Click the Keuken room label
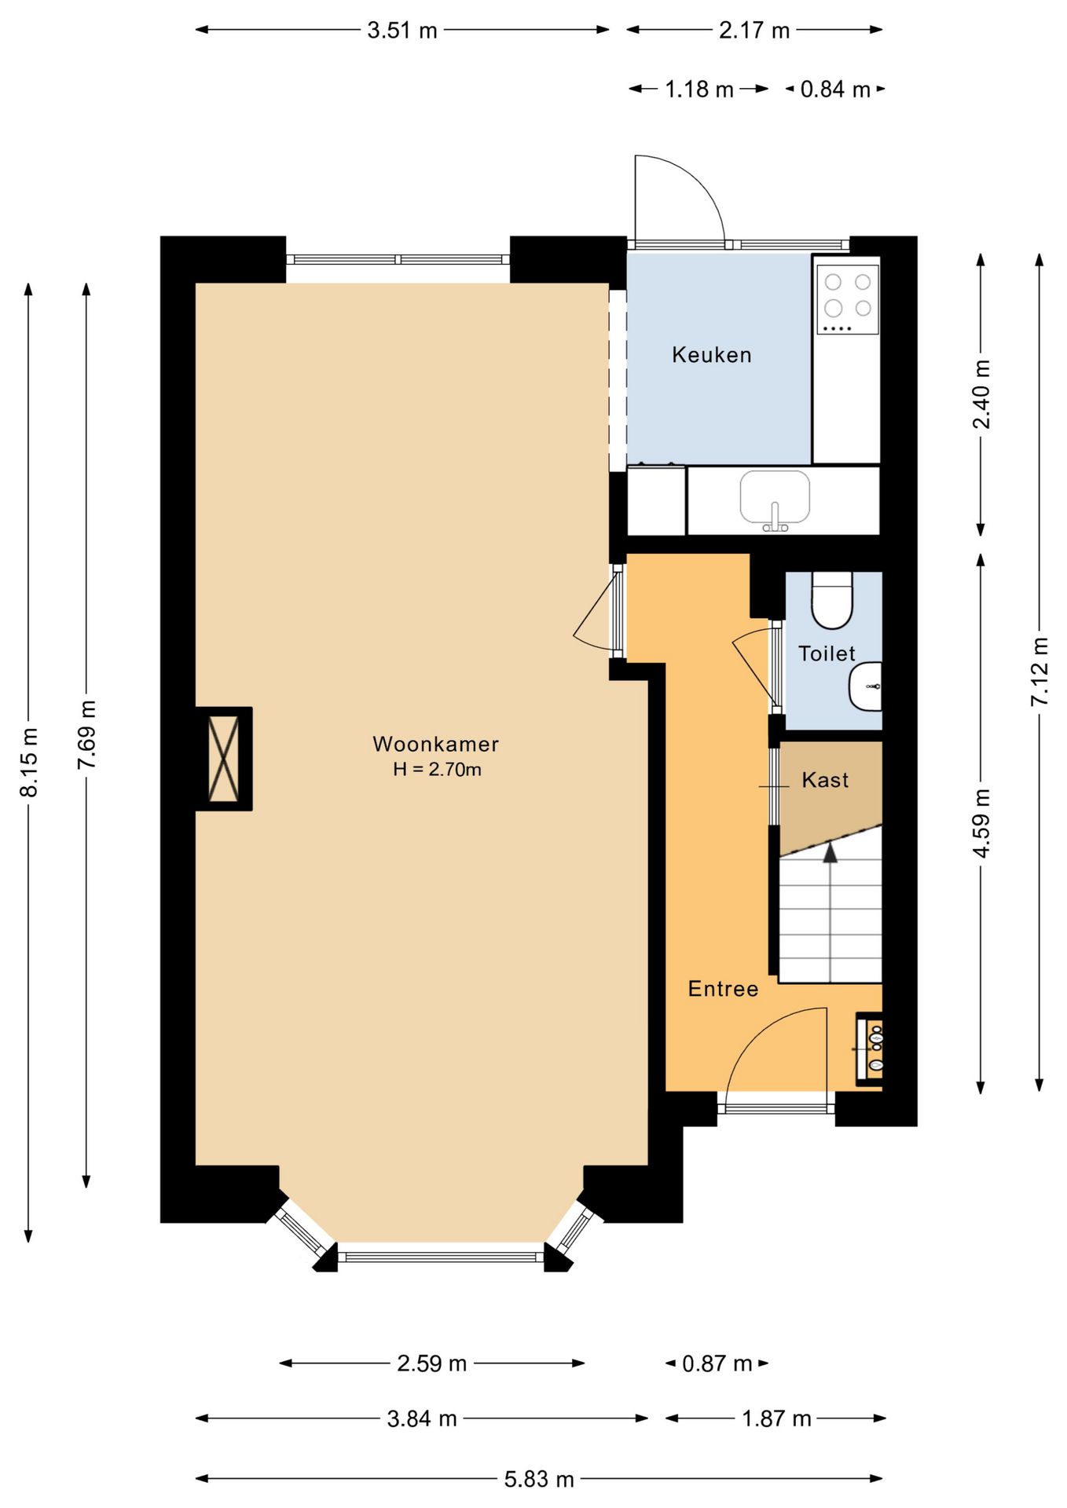711,355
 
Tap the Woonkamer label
435,744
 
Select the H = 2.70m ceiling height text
437,770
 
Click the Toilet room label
826,653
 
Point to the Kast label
825,780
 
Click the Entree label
723,989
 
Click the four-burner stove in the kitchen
847,300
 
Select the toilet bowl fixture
831,601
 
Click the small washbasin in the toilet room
866,686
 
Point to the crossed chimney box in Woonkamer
224,759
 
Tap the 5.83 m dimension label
539,1479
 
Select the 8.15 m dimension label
29,762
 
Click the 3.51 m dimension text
402,31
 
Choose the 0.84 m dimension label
835,90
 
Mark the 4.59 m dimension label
981,823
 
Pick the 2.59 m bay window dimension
431,1363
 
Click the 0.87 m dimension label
717,1363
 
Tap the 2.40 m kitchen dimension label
981,394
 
